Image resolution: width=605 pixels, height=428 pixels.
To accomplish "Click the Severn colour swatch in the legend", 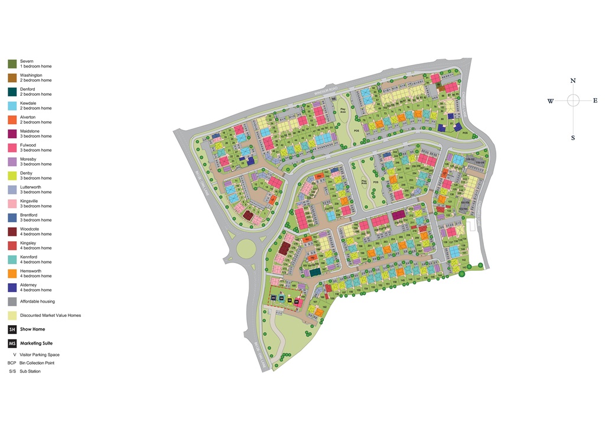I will [x=12, y=63].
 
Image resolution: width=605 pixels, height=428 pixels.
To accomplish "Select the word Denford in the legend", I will [x=28, y=89].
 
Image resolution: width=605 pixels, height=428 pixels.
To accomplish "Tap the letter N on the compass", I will [x=573, y=80].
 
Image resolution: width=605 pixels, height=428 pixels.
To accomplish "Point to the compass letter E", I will [x=595, y=100].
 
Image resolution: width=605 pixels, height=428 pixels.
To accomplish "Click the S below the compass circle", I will [x=573, y=138].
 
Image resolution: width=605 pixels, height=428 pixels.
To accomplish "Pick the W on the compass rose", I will [x=550, y=101].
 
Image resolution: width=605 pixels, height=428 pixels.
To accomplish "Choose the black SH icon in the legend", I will [x=12, y=329].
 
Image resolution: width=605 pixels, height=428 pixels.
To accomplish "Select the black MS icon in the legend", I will [x=12, y=343].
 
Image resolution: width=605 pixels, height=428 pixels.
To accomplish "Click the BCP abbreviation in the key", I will [x=12, y=363].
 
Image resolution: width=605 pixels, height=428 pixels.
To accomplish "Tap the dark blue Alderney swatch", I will [x=12, y=287].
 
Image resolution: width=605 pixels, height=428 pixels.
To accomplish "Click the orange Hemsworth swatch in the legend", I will [x=12, y=273].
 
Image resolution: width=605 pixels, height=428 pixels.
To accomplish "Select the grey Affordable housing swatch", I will [x=12, y=301].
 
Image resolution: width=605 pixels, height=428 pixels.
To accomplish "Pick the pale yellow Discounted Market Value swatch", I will [x=12, y=315].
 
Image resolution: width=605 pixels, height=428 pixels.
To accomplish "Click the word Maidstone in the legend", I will [x=30, y=131].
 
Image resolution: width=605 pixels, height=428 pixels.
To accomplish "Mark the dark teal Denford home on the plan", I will [x=315, y=272].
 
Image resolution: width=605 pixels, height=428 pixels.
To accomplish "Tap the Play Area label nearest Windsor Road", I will [x=342, y=109].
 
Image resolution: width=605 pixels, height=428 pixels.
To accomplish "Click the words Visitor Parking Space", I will [x=40, y=355].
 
